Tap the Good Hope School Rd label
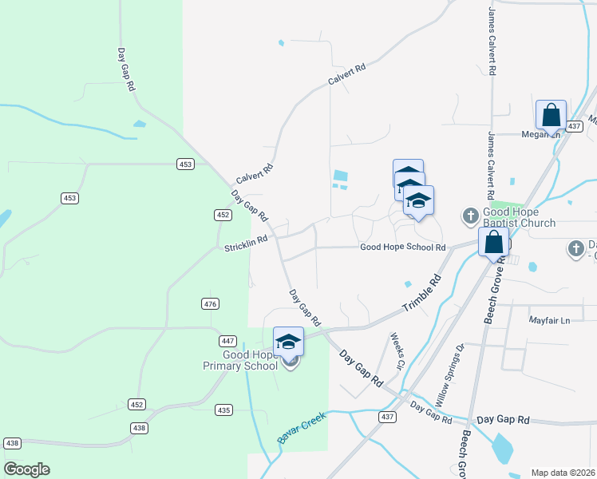(402, 247)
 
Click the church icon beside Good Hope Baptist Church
(470, 216)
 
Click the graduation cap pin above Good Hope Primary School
(288, 342)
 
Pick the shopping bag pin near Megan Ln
(551, 115)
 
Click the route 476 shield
(210, 303)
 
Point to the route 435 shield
(223, 410)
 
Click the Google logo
(26, 469)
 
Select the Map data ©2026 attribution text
(563, 473)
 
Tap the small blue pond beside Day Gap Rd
(140, 124)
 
